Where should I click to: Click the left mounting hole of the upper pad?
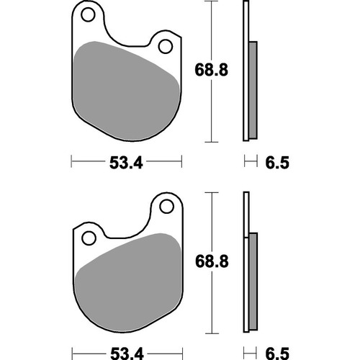pos(89,14)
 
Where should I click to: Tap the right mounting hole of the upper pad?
pos(165,48)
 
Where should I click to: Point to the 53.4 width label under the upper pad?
pos(125,163)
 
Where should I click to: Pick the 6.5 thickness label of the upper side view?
pos(276,163)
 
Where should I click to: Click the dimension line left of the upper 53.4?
pos(86,163)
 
